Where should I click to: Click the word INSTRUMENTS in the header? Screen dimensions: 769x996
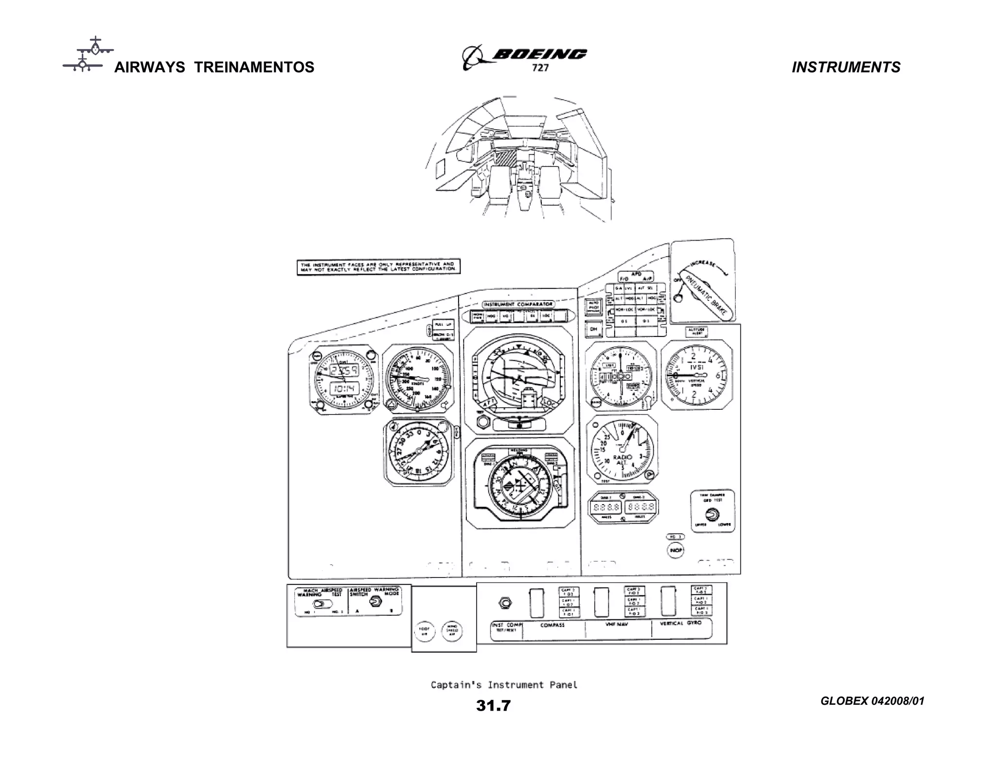[846, 67]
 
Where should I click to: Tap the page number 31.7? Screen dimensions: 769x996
[493, 705]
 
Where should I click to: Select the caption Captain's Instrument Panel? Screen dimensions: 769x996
[504, 685]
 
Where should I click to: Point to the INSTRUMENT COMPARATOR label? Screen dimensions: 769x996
[517, 304]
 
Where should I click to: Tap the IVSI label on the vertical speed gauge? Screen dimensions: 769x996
[696, 367]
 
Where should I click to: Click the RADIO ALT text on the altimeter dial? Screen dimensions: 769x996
[622, 460]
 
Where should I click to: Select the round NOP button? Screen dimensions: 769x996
[676, 550]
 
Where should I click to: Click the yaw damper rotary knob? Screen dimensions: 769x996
[712, 514]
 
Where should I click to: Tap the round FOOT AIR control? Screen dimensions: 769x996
[424, 631]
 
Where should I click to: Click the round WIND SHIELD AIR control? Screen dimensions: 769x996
[452, 631]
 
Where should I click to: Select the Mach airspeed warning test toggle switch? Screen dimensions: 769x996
[321, 604]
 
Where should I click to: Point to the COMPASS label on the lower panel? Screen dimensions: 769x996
[552, 625]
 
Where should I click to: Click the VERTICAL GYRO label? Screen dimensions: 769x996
[680, 623]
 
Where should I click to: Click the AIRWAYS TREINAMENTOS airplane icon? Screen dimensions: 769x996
[89, 54]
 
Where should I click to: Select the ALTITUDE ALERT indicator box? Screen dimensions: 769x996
[696, 332]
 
